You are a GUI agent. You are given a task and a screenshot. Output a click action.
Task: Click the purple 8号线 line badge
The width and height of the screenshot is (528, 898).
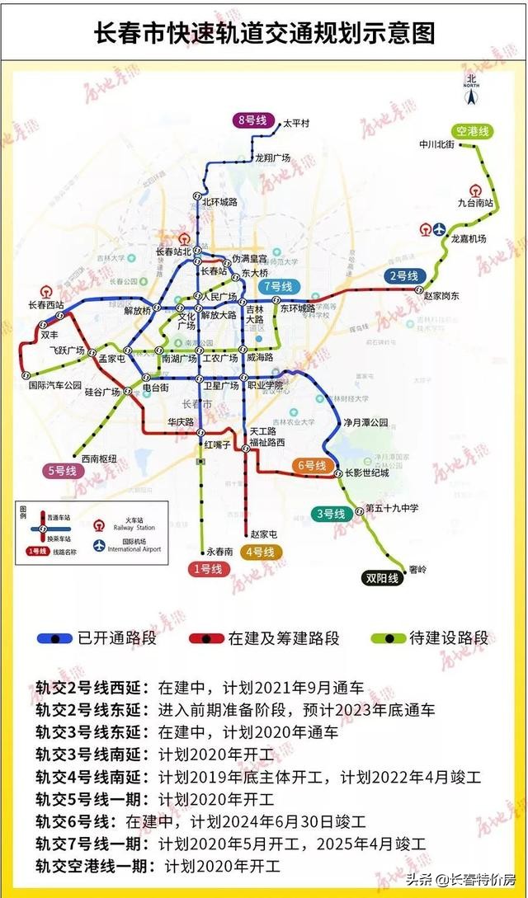click(x=252, y=120)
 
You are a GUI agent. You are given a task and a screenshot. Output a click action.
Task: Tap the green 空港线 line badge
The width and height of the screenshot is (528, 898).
click(x=473, y=131)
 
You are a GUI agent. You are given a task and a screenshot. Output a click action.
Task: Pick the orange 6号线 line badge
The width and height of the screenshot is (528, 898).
click(x=313, y=466)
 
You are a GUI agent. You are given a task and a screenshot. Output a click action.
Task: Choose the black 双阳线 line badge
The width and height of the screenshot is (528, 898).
click(x=382, y=578)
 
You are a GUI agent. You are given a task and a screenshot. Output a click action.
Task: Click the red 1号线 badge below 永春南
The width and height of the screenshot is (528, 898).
click(x=206, y=569)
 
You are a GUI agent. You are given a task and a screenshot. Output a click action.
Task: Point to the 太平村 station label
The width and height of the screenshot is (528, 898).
click(x=295, y=124)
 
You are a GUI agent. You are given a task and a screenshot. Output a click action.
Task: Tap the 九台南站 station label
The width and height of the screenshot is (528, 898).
click(x=475, y=202)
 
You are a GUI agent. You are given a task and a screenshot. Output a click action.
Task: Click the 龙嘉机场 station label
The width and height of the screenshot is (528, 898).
click(x=468, y=238)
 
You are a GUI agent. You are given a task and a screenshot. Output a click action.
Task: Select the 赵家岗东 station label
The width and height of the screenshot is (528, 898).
click(x=441, y=296)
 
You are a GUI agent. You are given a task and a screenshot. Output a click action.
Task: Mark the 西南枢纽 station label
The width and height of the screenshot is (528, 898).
click(x=98, y=458)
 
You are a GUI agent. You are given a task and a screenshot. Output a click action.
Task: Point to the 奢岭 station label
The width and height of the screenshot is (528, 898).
click(x=417, y=570)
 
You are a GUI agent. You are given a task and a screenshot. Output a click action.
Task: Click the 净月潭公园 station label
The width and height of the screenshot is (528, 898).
click(x=366, y=422)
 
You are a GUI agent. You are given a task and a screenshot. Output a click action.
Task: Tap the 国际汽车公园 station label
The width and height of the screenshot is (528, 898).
click(x=56, y=385)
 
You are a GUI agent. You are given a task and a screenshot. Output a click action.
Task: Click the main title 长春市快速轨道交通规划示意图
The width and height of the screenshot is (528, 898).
click(x=264, y=34)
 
